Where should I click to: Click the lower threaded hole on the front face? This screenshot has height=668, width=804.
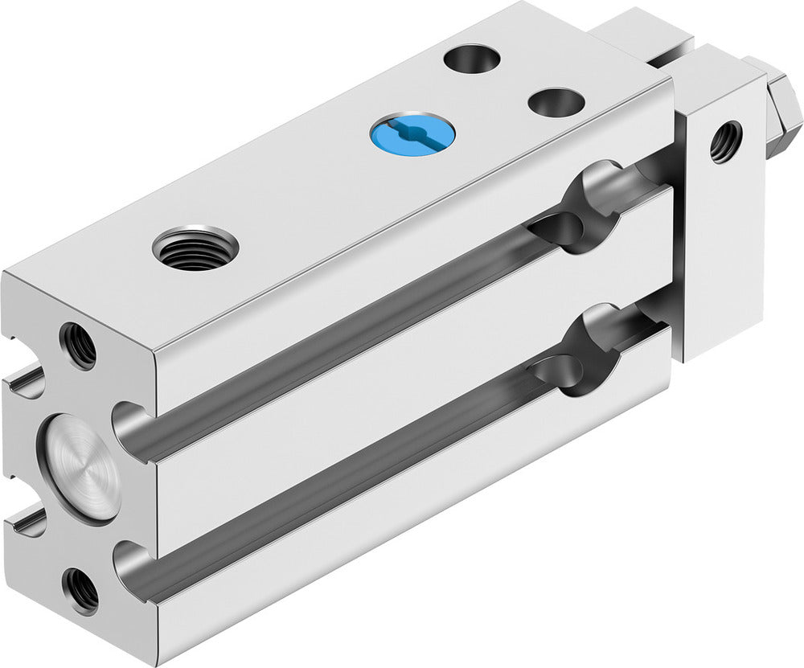point(81,591)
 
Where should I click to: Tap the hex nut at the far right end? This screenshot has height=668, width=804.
point(783,109)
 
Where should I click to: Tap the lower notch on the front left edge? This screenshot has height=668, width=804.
point(24,523)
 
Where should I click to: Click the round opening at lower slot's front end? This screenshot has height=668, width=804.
point(133,567)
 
